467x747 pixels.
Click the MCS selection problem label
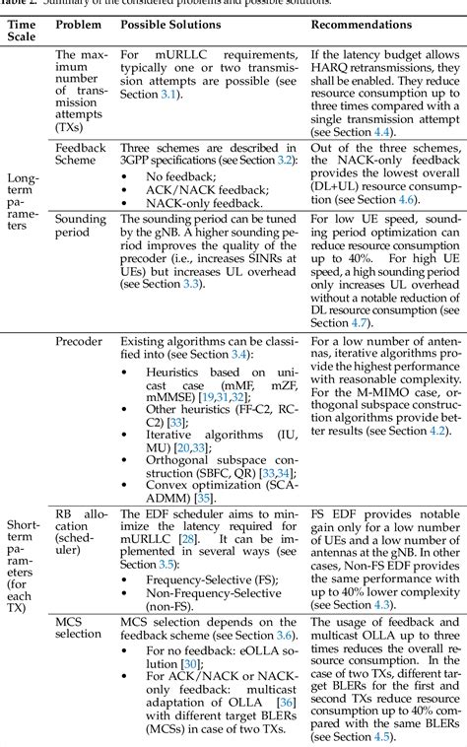tap(75, 626)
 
